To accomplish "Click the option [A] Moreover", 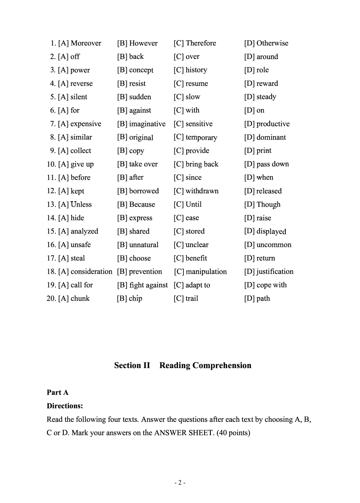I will [80, 43].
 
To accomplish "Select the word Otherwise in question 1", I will [272, 43].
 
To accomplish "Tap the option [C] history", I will [190, 70].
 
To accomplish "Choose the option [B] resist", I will [131, 83].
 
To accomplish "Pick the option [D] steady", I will [260, 97].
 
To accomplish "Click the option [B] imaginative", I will [141, 124].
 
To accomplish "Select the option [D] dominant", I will [265, 137].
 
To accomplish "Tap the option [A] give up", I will [76, 164].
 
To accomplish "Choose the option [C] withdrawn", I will [196, 191].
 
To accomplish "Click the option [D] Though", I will [262, 205].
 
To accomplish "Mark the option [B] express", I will [135, 218].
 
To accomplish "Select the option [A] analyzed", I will [78, 231].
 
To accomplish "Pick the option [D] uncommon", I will [268, 245].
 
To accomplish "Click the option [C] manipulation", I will [200, 272].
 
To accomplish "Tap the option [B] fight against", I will [142, 285].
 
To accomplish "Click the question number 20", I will [51, 299].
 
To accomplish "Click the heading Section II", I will [132, 365].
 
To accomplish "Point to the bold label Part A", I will [58, 393].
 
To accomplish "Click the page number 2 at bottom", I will [180, 483].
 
